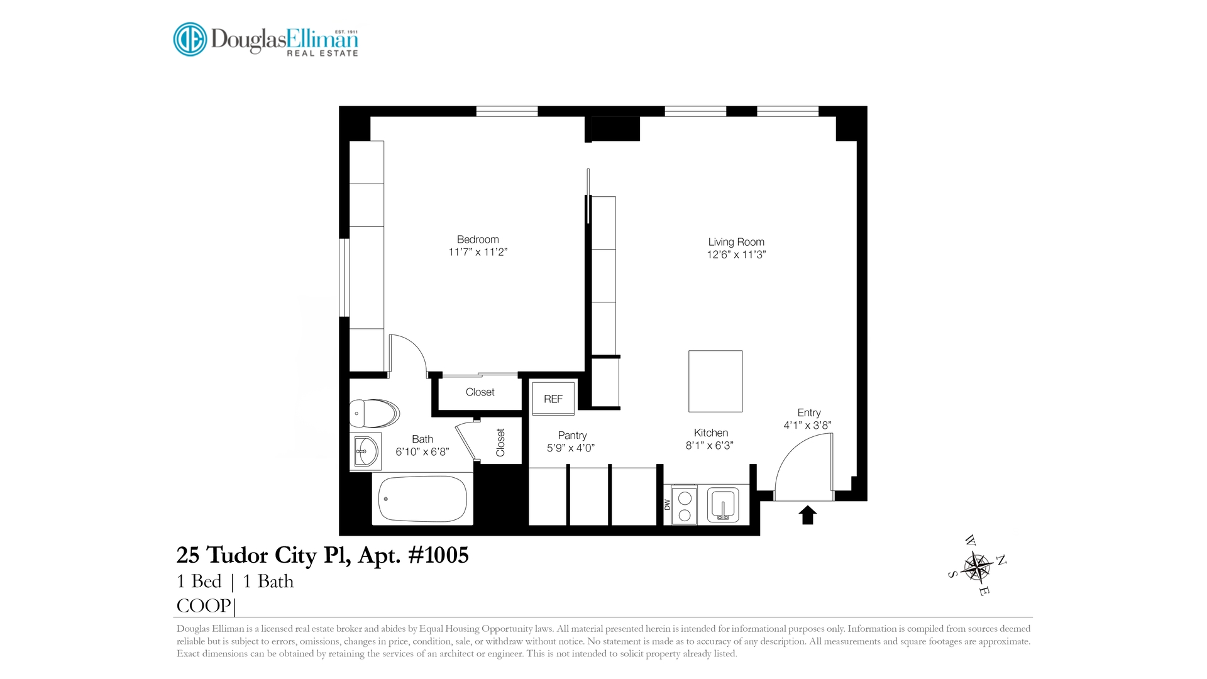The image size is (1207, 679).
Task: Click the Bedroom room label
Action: [478, 240]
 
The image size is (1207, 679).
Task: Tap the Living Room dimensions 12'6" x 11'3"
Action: [736, 255]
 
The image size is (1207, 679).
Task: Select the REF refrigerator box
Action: [553, 399]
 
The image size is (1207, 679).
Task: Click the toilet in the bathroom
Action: [375, 413]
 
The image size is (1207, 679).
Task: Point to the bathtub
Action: [422, 499]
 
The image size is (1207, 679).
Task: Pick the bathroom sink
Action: [366, 451]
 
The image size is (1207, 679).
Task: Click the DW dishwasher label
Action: [667, 505]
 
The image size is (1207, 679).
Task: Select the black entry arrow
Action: [808, 515]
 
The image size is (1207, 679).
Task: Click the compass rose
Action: [976, 566]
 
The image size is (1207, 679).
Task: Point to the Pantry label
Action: [572, 436]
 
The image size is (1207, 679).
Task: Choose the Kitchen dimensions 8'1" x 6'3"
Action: [710, 446]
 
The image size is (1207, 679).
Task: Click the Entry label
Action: [809, 413]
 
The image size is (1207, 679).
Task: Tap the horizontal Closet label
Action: [480, 392]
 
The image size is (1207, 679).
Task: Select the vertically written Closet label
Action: [500, 443]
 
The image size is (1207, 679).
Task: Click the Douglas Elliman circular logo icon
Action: [190, 39]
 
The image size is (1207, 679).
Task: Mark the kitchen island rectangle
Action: [715, 381]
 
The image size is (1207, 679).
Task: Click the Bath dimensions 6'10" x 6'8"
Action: [422, 452]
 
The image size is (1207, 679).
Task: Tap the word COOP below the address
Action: [204, 606]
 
